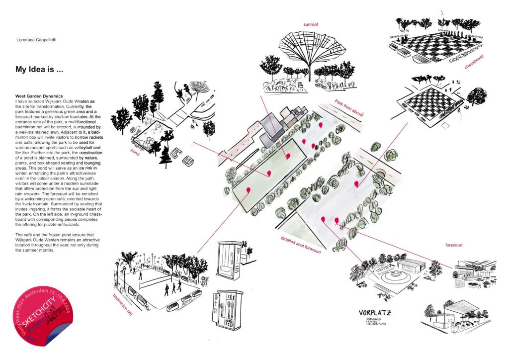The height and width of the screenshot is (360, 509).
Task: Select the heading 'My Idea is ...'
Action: pos(39,70)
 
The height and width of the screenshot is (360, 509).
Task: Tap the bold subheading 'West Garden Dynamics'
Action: pos(38,95)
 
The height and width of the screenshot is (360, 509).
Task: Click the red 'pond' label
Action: pos(132,154)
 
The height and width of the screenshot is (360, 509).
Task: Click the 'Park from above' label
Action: pos(349,108)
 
